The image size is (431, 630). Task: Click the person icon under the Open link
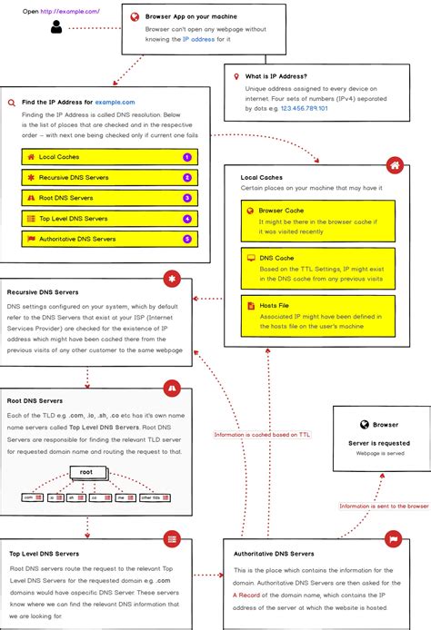click(56, 27)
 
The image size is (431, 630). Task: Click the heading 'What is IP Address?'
click(276, 76)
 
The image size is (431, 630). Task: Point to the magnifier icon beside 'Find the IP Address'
click(11, 103)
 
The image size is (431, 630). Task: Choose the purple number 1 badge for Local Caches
click(186, 157)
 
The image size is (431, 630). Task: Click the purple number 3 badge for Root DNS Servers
click(186, 198)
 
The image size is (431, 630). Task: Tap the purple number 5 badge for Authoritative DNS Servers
click(186, 239)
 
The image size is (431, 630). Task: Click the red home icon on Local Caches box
click(394, 165)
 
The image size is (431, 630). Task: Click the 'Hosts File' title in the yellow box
click(276, 306)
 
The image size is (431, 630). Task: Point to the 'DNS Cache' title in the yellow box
click(276, 258)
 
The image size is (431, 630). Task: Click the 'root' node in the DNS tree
click(86, 472)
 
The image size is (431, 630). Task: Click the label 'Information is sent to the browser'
click(384, 506)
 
